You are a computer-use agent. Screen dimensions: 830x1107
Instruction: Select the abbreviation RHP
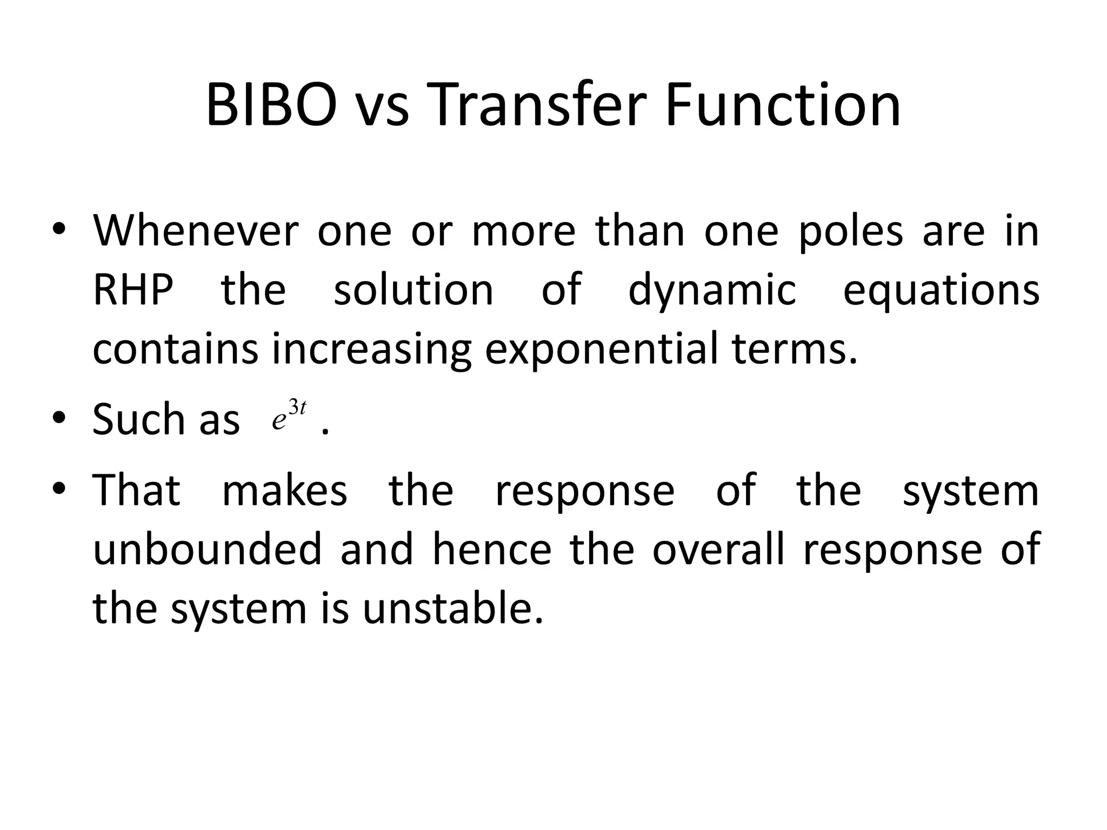click(133, 290)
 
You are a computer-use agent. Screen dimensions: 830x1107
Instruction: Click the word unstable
click(452, 608)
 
